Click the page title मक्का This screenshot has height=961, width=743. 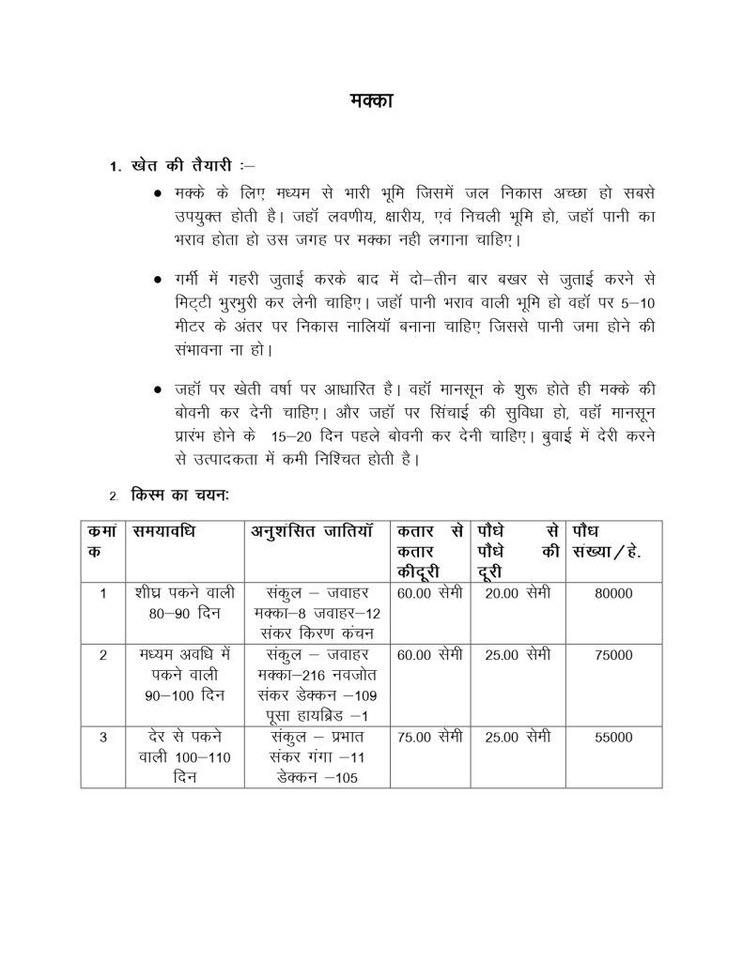tap(371, 100)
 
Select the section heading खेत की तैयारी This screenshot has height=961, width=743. tap(181, 167)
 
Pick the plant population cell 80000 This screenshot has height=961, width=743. tap(613, 593)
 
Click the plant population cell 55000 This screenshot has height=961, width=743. tap(613, 738)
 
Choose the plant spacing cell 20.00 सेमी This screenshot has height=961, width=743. tap(517, 593)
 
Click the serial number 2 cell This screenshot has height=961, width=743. tap(102, 655)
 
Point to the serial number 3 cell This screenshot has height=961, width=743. tap(102, 738)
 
